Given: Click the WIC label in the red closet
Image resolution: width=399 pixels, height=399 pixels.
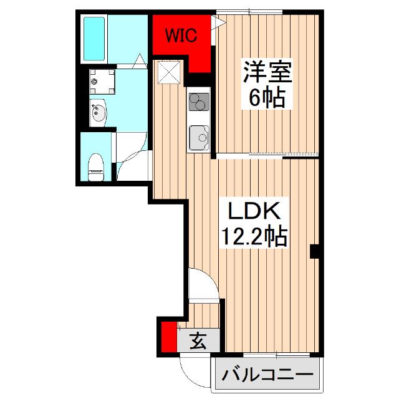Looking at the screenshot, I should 181,35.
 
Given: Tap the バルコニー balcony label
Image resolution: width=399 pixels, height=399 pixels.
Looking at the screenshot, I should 267,376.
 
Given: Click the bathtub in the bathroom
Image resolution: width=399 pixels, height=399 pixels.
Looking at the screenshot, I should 95,38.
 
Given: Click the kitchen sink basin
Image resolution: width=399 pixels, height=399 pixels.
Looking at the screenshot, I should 199,134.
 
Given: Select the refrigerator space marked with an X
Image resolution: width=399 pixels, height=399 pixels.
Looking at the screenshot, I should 168,71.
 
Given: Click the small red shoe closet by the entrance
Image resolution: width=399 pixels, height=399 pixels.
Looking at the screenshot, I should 167,337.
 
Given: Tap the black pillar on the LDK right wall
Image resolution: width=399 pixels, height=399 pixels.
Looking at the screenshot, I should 315,251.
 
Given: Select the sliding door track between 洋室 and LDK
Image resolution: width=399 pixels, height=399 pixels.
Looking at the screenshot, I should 268,155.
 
